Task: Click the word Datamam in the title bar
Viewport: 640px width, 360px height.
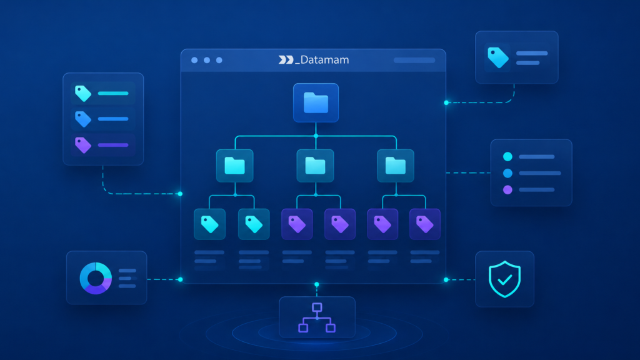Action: point(324,60)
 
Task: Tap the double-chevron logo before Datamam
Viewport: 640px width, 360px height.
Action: point(286,60)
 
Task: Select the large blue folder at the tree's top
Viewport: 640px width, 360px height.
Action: point(316,103)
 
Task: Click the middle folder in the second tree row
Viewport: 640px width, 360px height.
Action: point(315,166)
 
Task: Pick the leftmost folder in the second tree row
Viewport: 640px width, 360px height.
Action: point(235,166)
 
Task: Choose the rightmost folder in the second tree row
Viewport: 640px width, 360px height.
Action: point(396,166)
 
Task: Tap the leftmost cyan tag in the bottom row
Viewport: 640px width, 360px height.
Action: point(210,224)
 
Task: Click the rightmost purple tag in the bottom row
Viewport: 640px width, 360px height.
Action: point(424,224)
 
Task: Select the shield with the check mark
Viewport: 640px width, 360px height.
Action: point(505,279)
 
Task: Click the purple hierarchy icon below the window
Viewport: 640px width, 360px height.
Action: point(317,317)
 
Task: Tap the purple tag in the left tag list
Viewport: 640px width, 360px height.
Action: point(83,145)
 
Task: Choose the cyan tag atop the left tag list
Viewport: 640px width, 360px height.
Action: point(83,94)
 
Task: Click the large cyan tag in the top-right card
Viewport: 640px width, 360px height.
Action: point(498,57)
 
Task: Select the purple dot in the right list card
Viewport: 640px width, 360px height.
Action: point(507,190)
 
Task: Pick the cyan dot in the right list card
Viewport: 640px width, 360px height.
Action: point(507,157)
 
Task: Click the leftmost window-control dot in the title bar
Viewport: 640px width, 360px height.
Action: point(195,61)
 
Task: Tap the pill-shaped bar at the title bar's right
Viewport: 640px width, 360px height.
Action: point(414,61)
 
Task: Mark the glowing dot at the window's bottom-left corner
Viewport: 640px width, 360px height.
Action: point(181,279)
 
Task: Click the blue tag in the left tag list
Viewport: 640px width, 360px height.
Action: point(83,119)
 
